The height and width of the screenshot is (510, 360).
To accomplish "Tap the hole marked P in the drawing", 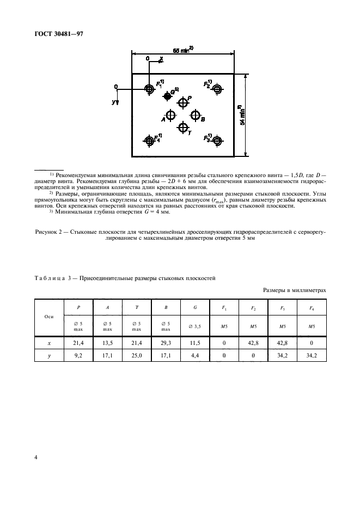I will (x=182, y=102).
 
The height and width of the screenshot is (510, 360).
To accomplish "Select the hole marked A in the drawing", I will (x=171, y=115).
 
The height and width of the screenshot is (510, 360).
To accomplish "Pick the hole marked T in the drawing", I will (x=182, y=127).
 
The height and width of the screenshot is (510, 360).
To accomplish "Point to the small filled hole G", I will (x=167, y=96).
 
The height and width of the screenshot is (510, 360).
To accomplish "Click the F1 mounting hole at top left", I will (x=149, y=88).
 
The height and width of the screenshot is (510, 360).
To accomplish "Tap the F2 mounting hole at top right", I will (x=218, y=88).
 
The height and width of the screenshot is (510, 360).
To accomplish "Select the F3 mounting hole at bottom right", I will (x=218, y=141).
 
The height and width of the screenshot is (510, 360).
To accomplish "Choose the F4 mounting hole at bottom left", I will (x=149, y=141).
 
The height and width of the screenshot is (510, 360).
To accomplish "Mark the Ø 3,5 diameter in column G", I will (x=195, y=327).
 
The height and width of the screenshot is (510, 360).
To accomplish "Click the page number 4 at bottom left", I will (x=36, y=458).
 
